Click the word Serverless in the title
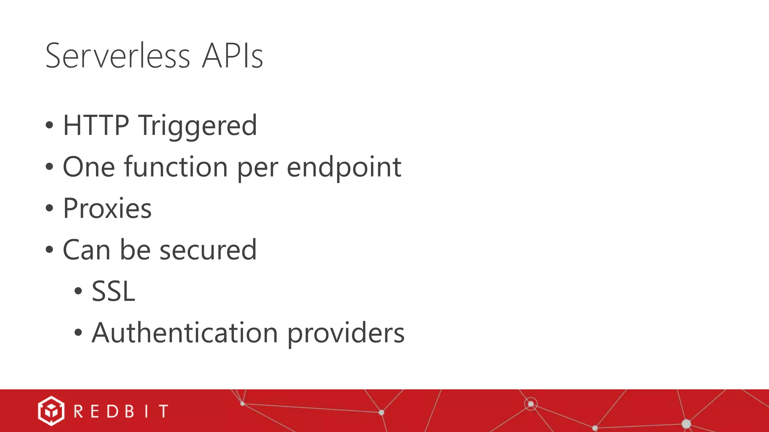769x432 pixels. (118, 56)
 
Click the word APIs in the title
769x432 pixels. (232, 56)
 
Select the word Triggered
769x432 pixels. (198, 126)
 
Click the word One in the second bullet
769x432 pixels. (89, 167)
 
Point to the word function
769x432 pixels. (176, 167)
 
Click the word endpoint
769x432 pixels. (344, 168)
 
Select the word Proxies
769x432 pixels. (107, 208)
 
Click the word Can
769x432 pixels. (86, 250)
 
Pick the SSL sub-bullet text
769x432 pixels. (113, 291)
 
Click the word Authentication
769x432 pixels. (185, 333)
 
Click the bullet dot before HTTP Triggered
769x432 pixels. (49, 125)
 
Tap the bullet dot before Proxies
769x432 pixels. (49, 208)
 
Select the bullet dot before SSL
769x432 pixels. (78, 291)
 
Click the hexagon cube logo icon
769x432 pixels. (51, 411)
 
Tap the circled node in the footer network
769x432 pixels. (531, 404)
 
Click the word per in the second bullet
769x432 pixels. (257, 168)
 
